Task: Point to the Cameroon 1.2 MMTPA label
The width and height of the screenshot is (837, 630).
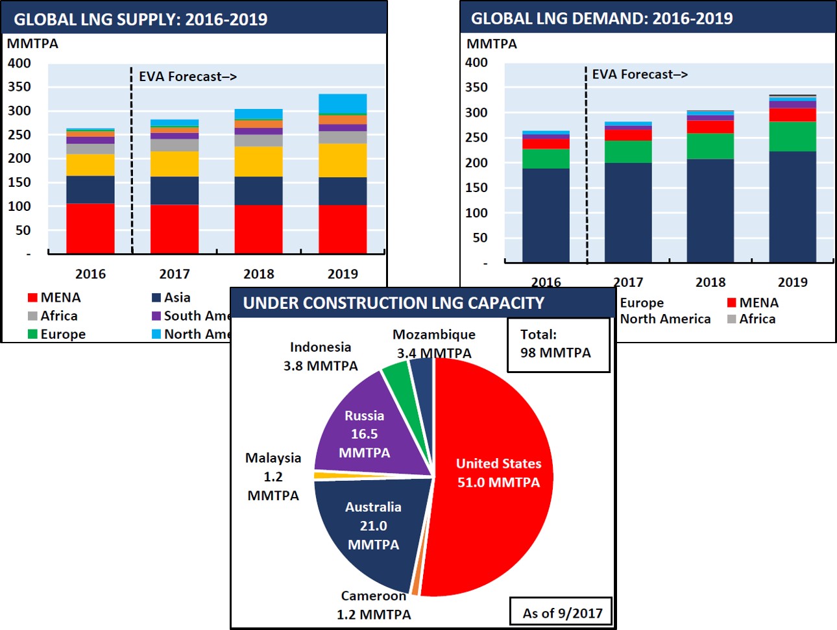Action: [x=374, y=605]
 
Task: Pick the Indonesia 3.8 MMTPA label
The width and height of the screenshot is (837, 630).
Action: [x=321, y=356]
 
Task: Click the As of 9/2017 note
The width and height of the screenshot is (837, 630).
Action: [x=563, y=613]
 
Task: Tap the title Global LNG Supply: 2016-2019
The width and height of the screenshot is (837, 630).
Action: [x=141, y=19]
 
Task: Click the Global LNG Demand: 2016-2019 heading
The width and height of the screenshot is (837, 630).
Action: [x=601, y=18]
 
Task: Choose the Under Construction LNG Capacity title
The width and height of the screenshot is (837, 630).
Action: [x=394, y=303]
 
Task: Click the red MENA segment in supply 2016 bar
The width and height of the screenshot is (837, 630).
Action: [x=90, y=228]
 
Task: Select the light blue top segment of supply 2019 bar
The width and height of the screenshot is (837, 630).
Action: [x=343, y=104]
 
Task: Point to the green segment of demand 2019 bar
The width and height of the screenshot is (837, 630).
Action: [x=792, y=136]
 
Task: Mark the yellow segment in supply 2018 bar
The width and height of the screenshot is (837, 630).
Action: [x=258, y=162]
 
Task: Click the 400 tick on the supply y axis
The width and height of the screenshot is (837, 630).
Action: [x=19, y=63]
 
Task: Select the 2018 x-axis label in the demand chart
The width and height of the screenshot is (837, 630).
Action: [x=710, y=282]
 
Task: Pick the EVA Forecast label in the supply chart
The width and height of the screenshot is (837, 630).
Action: [x=188, y=77]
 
